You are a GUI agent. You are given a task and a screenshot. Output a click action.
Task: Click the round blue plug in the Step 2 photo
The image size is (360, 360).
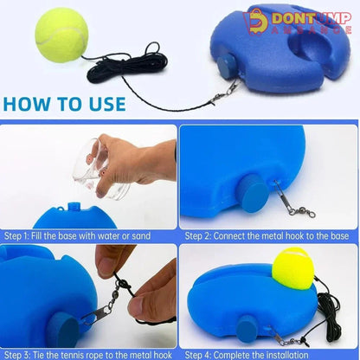click(254, 194)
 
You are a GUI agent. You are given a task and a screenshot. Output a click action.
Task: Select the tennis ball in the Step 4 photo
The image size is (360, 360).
click(292, 268)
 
